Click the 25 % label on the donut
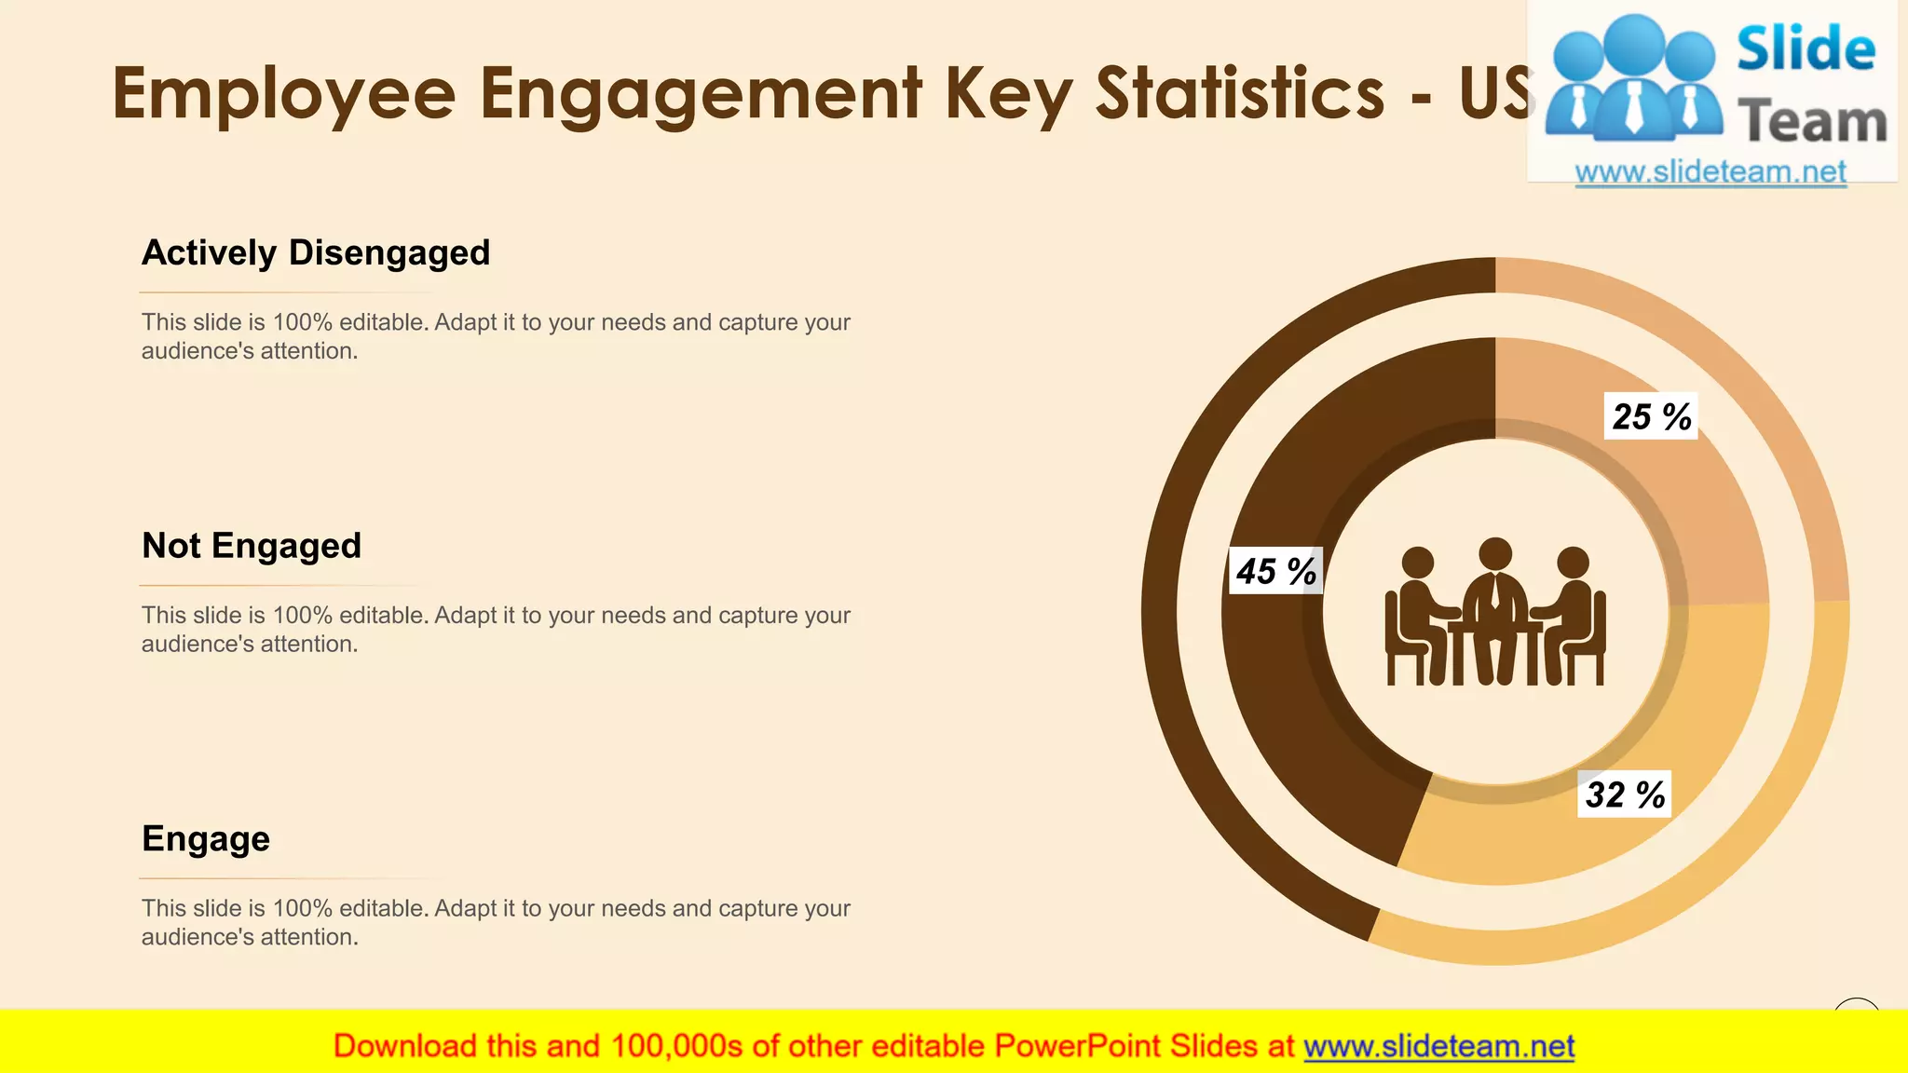point(1651,416)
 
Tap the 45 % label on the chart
point(1275,571)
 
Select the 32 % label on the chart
point(1625,795)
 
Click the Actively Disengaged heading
point(316,253)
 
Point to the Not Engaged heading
point(252,546)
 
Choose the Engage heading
point(206,839)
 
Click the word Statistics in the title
point(1240,93)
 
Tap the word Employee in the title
point(284,93)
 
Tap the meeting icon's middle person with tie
point(1495,605)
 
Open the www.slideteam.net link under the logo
point(1710,172)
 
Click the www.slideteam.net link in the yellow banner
point(1438,1046)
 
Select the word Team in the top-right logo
point(1812,122)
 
